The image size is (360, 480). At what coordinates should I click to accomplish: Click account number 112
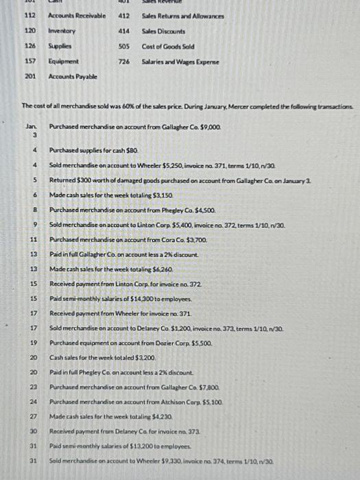point(30,15)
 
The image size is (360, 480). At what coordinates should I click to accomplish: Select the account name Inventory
point(62,31)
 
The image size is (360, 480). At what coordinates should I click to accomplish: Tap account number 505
point(124,46)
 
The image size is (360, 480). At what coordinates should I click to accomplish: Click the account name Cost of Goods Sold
point(167,46)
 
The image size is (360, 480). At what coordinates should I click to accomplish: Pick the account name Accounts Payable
point(72,76)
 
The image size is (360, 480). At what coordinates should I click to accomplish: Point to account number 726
point(124,61)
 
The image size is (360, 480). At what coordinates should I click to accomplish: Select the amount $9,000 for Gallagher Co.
point(210,128)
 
